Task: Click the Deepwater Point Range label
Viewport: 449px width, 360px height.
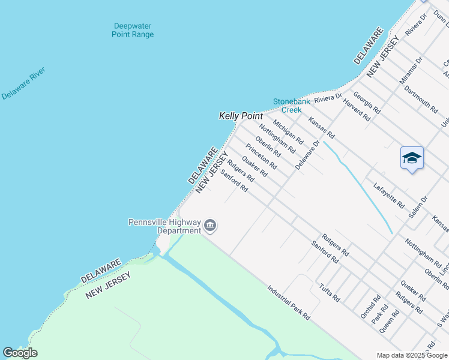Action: pos(133,30)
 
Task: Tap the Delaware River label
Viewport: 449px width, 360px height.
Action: pos(23,83)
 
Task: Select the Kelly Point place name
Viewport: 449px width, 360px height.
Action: pos(241,115)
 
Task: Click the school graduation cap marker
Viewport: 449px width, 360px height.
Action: pos(412,158)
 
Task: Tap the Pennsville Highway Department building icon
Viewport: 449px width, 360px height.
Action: pos(210,226)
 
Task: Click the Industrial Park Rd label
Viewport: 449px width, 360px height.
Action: pos(289,302)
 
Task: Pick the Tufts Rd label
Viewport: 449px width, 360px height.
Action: pos(330,292)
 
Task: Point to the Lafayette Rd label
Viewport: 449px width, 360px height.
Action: pos(388,196)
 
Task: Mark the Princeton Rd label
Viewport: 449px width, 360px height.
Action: pos(261,156)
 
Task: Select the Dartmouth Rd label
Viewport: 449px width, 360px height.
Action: pos(421,100)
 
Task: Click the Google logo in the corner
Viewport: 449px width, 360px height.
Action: pos(20,353)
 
